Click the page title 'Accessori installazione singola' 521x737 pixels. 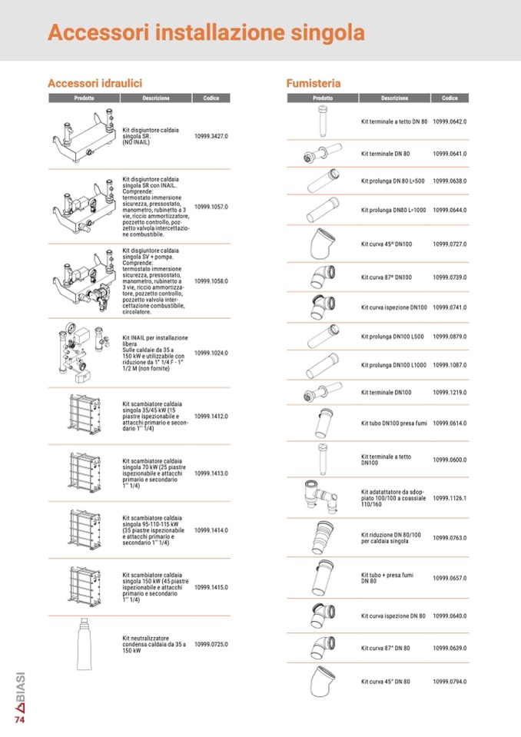click(206, 33)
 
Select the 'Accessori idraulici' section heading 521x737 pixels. click(95, 83)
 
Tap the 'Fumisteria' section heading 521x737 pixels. click(314, 83)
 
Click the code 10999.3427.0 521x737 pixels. click(211, 136)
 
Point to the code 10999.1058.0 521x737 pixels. click(211, 281)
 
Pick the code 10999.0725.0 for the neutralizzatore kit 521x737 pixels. click(211, 645)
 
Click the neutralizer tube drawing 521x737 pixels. click(84, 643)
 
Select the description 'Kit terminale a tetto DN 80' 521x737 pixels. click(394, 121)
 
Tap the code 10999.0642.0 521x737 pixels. click(450, 121)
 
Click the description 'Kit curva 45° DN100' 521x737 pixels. click(387, 244)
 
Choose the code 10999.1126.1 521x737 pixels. click(450, 498)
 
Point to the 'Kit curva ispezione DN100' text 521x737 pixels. click(394, 307)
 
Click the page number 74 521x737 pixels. click(19, 719)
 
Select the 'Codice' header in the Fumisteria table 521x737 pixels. click(450, 98)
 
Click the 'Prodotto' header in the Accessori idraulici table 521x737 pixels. click(84, 98)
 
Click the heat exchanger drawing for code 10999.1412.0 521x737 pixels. click(85, 414)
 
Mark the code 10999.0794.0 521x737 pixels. click(450, 682)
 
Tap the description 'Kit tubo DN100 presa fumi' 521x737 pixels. click(394, 423)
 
